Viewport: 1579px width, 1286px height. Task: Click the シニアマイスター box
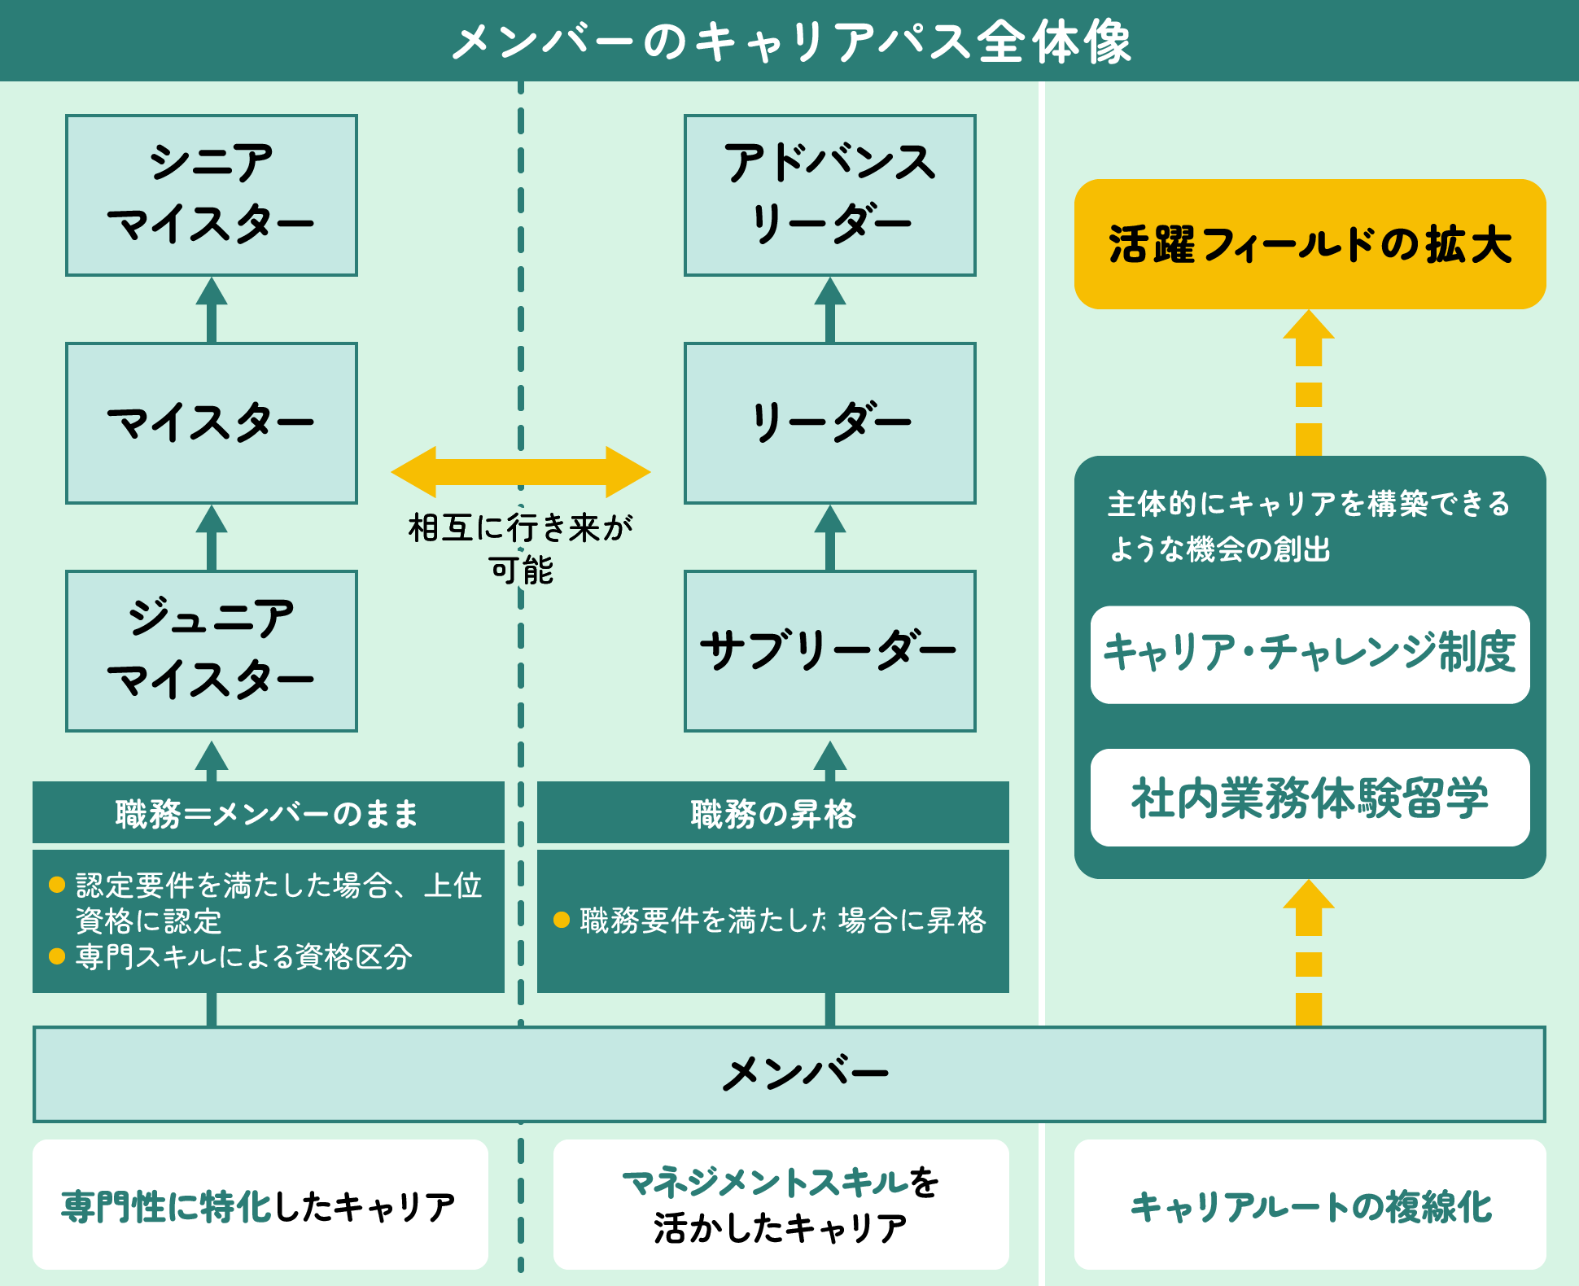coord(212,195)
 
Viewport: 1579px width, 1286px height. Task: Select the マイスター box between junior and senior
coord(212,423)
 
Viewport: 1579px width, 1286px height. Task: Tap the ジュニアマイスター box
coord(212,651)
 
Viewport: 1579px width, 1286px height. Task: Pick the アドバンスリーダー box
coord(830,195)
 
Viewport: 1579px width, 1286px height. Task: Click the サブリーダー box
coord(830,651)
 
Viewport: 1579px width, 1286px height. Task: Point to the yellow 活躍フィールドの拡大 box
coord(1310,244)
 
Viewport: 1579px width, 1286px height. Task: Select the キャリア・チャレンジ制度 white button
coord(1310,654)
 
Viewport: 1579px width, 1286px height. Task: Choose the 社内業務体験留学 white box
coord(1310,798)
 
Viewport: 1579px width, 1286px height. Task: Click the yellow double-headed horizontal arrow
coord(521,472)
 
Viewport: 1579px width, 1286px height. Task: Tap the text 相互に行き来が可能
coord(521,548)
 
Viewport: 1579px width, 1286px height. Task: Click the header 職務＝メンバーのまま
coord(268,813)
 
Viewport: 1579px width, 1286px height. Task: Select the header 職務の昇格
coord(772,813)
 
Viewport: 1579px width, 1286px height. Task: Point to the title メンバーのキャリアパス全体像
coord(789,41)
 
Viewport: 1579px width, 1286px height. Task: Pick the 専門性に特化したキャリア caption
coord(260,1205)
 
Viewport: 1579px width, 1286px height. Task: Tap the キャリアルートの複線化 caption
coord(1310,1205)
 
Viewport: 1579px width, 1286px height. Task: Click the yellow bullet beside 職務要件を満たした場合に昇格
coord(561,921)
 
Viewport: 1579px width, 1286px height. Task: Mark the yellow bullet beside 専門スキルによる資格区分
coord(57,956)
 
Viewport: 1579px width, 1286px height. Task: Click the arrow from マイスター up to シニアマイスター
coord(212,309)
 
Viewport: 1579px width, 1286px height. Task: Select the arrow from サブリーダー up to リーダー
coord(830,537)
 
